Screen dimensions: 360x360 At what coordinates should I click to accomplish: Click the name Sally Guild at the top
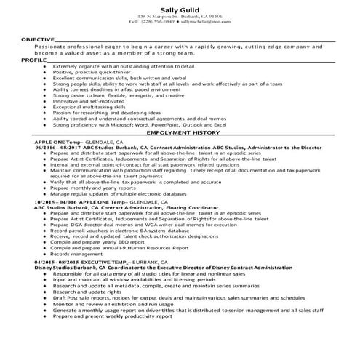[180, 7]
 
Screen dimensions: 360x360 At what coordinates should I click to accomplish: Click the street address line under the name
[180, 16]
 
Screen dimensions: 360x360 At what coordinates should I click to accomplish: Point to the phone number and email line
[180, 23]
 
